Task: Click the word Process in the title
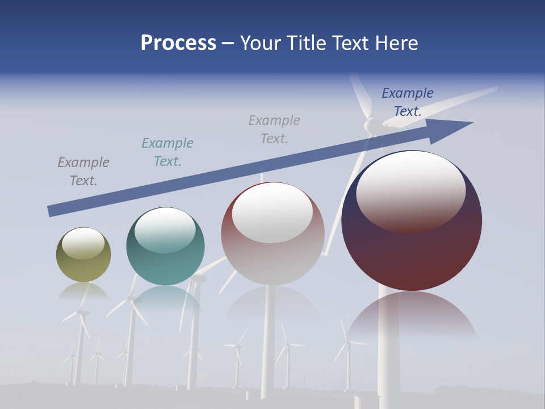pyautogui.click(x=178, y=43)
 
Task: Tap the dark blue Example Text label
pyautogui.click(x=407, y=102)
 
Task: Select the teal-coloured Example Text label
pyautogui.click(x=167, y=152)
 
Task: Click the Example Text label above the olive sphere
pyautogui.click(x=83, y=171)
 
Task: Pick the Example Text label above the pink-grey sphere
pyautogui.click(x=274, y=129)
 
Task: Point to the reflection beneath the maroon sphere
pyautogui.click(x=412, y=318)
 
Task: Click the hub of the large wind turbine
pyautogui.click(x=371, y=124)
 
